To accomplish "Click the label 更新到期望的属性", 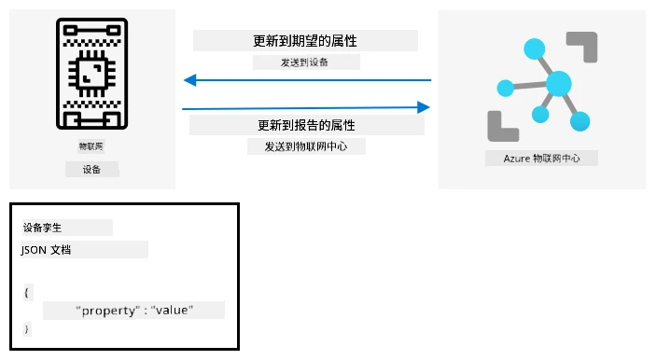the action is pyautogui.click(x=305, y=41).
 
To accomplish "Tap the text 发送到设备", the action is pyautogui.click(x=304, y=62).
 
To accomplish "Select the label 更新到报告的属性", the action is pyautogui.click(x=306, y=125).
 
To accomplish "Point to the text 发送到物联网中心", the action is pyautogui.click(x=306, y=146).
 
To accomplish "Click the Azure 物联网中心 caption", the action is pyautogui.click(x=542, y=159).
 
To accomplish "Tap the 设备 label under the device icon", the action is pyautogui.click(x=91, y=170).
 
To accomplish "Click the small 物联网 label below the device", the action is pyautogui.click(x=91, y=146).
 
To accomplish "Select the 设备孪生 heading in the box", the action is pyautogui.click(x=42, y=228).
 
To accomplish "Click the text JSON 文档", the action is pyautogui.click(x=46, y=250).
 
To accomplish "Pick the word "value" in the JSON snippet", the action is pyautogui.click(x=172, y=311).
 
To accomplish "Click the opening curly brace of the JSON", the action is pyautogui.click(x=26, y=292).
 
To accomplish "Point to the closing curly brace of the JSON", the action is pyautogui.click(x=26, y=329).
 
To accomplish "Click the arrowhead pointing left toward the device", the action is pyautogui.click(x=190, y=80).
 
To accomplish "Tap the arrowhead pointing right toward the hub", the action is pyautogui.click(x=424, y=107).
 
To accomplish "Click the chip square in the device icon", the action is pyautogui.click(x=92, y=74).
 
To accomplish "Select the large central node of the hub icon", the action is pyautogui.click(x=559, y=84).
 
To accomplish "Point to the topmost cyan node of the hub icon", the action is pyautogui.click(x=535, y=48).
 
